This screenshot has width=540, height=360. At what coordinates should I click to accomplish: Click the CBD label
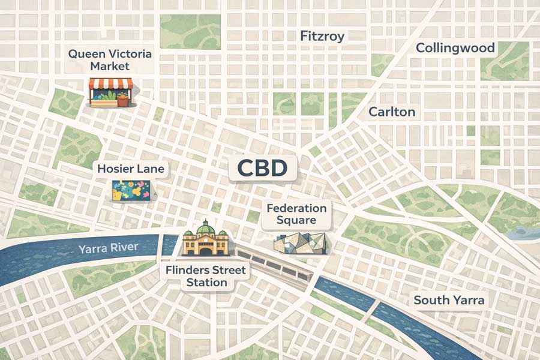[x=262, y=168]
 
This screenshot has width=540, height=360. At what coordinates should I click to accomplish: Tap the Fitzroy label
[x=322, y=37]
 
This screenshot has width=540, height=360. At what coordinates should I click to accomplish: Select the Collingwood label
[x=455, y=48]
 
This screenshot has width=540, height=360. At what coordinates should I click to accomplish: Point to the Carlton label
[x=392, y=112]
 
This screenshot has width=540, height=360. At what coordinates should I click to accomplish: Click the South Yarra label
[x=449, y=300]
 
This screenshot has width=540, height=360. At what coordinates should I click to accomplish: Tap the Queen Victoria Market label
[x=110, y=60]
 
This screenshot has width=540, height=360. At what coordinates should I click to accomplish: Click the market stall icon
[x=110, y=93]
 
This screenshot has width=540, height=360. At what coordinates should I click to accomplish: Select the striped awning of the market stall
[x=110, y=84]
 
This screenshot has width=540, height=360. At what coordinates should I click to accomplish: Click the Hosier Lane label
[x=130, y=169]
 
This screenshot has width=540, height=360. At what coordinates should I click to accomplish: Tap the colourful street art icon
[x=131, y=191]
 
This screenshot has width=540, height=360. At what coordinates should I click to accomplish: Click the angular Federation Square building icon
[x=300, y=243]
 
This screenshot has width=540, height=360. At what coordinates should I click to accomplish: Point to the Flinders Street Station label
[x=206, y=276]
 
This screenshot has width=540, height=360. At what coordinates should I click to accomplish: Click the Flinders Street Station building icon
[x=206, y=240]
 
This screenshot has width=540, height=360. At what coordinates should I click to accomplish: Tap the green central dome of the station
[x=206, y=227]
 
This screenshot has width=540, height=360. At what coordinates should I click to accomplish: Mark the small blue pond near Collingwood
[x=520, y=233]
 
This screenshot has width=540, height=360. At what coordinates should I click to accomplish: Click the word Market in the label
[x=110, y=67]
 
